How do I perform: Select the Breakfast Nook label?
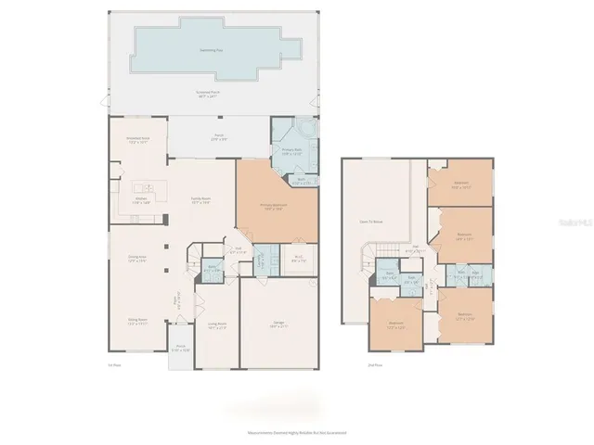pyautogui.click(x=138, y=140)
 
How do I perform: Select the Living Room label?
pyautogui.click(x=217, y=324)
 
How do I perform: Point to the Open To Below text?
pyautogui.click(x=373, y=222)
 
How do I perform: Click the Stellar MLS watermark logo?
pyautogui.click(x=571, y=222)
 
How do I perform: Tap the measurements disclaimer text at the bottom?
pyautogui.click(x=296, y=432)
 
